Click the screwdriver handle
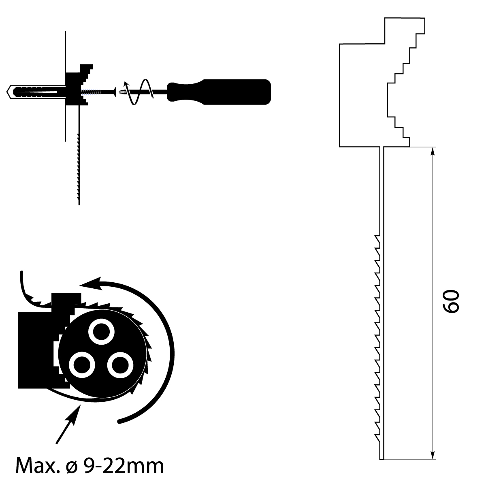click(x=227, y=92)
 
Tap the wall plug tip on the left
click(x=10, y=92)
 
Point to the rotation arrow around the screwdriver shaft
click(x=138, y=93)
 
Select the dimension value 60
click(x=450, y=302)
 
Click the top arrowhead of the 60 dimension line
click(x=433, y=151)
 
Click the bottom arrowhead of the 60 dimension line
click(x=433, y=455)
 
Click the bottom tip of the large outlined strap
click(x=382, y=458)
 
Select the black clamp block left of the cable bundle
click(x=36, y=348)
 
